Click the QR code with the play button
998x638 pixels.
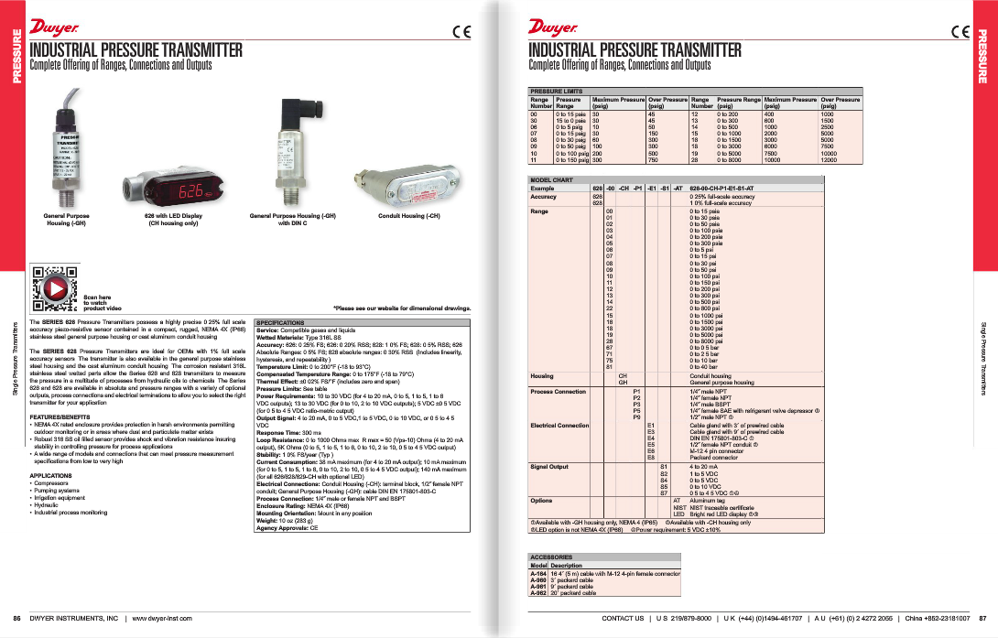[53, 285]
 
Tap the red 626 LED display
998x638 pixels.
[191, 193]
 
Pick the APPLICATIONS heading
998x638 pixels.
[51, 476]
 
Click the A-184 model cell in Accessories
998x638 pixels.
[538, 573]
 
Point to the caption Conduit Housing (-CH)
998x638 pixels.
[409, 216]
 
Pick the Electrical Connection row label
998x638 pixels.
[559, 426]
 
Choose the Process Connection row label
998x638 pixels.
[558, 391]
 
